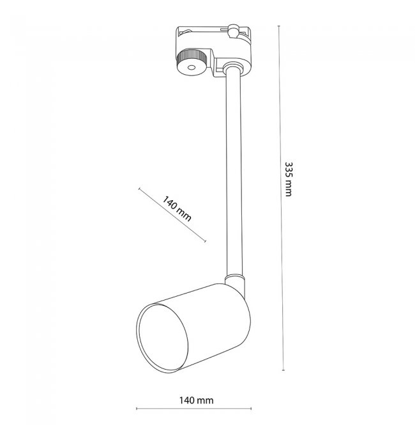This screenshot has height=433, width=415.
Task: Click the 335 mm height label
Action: click(288, 179)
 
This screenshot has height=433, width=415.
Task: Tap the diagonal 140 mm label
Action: click(176, 209)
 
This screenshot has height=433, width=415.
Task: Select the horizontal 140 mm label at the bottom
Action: click(197, 400)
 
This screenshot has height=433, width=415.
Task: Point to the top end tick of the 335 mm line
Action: click(279, 26)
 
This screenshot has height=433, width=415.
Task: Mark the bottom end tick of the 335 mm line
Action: click(283, 370)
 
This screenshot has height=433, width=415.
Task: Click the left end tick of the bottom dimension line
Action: click(137, 409)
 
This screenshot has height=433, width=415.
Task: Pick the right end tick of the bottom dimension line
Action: click(251, 409)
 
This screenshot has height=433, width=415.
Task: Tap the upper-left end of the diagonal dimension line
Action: click(139, 189)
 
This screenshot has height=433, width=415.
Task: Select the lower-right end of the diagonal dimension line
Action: click(206, 241)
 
